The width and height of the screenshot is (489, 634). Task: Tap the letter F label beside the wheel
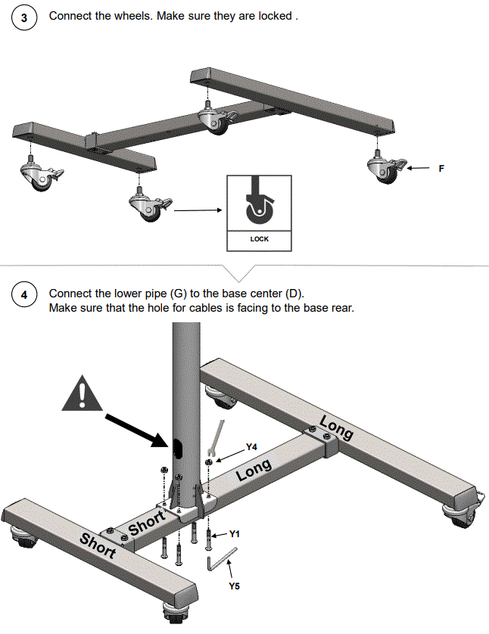coord(441,169)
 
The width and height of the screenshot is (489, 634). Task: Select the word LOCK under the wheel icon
coord(259,239)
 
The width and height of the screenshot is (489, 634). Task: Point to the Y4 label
coord(252,447)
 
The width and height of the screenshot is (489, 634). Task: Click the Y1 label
coord(235,534)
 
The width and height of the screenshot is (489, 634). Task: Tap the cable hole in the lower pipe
coord(179,449)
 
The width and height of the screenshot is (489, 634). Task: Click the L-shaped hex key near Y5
coord(220,561)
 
